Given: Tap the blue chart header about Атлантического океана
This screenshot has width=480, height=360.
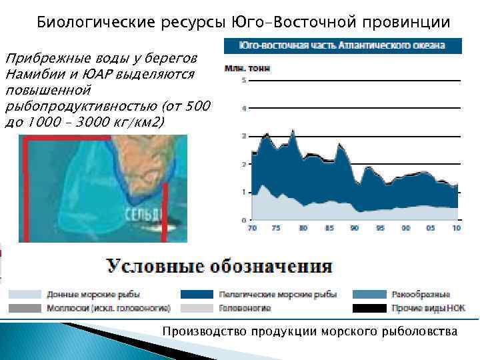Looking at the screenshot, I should coord(343,46).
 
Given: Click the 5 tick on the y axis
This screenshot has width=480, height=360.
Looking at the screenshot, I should coord(244,81).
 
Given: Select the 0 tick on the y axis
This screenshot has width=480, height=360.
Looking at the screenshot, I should coord(244,220).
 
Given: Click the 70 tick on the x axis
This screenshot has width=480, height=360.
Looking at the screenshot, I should coord(252,229).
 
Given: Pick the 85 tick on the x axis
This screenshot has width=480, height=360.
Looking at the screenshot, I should coord(329,229).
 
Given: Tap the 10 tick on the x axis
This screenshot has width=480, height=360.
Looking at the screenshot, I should coord(456,229).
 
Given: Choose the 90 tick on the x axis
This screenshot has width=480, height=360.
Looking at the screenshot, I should coord(354,229).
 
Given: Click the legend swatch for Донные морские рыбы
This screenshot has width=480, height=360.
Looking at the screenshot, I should coord(24,294).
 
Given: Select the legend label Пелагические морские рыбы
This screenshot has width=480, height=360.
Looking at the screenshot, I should coord(277,294).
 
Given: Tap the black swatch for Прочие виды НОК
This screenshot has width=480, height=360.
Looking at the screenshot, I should coord(369,308).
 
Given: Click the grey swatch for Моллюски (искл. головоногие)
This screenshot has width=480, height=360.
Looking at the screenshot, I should coord(24,308).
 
